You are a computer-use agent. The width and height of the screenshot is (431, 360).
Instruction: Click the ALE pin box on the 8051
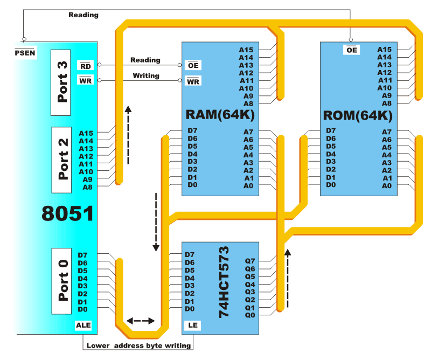[84, 325]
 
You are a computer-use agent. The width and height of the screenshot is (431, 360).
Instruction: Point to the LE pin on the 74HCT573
[192, 325]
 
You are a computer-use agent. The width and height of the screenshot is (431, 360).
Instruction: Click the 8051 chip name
[68, 213]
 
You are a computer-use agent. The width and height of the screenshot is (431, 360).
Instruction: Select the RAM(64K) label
[220, 115]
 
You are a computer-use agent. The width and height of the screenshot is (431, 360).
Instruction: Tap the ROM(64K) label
[358, 115]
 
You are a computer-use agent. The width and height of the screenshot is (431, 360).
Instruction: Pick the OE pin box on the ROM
[352, 50]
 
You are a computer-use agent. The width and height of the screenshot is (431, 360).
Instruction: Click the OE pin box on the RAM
[192, 65]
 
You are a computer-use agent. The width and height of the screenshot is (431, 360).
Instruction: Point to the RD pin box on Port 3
[85, 66]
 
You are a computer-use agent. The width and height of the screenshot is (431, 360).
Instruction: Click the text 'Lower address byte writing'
[138, 345]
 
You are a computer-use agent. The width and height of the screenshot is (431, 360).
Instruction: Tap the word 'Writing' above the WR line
[145, 76]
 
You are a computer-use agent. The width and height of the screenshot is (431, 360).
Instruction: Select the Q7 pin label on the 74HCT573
[250, 261]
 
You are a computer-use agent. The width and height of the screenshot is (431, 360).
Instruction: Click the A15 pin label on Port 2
[86, 133]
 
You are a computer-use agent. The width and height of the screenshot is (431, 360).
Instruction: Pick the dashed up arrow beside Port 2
[128, 135]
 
